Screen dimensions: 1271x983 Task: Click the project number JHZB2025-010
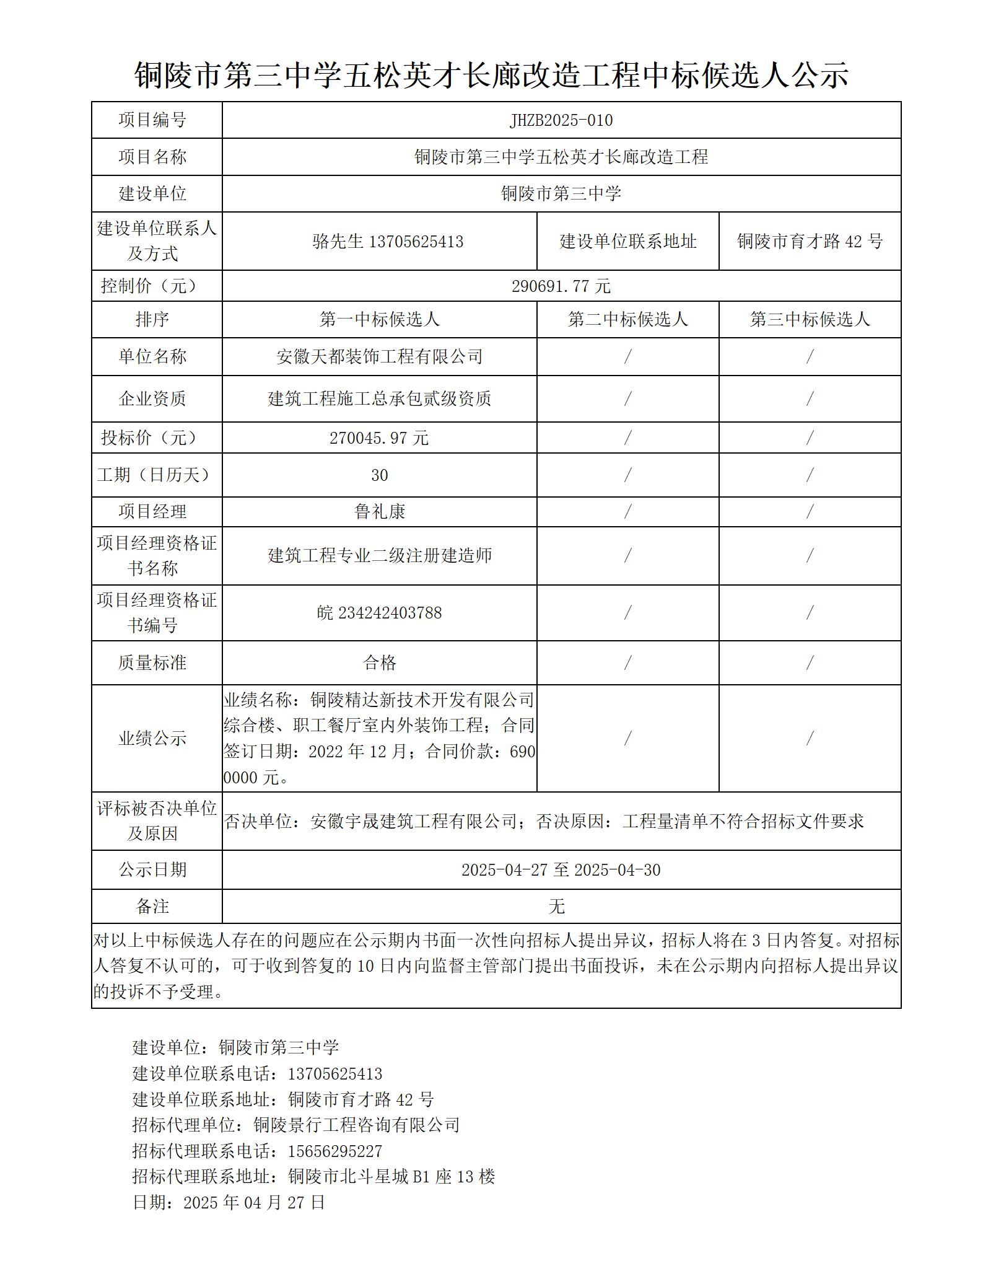[x=561, y=120]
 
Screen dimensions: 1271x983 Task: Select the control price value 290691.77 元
[x=561, y=286]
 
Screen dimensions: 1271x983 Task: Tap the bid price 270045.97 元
[x=379, y=438]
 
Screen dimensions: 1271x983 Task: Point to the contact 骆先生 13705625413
[x=388, y=241]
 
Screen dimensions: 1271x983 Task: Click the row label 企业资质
[x=152, y=398]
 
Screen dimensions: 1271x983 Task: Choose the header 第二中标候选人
[x=627, y=320]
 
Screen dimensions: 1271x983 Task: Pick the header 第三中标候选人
[x=810, y=320]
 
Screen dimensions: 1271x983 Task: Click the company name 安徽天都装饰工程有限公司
[x=379, y=357]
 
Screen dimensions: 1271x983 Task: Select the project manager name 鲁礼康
[x=379, y=512]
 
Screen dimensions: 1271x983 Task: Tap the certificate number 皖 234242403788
[x=379, y=613]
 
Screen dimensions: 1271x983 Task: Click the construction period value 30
[x=379, y=475]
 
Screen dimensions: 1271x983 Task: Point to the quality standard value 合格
[x=379, y=663]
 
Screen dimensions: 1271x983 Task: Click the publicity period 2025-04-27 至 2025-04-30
[x=561, y=870]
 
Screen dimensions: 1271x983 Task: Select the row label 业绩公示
[x=152, y=739]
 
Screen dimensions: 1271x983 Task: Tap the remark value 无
[x=556, y=907]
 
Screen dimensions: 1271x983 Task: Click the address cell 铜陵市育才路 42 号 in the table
[x=810, y=241]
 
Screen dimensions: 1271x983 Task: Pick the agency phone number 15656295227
[x=335, y=1151]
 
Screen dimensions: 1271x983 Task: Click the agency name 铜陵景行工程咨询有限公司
[x=357, y=1125]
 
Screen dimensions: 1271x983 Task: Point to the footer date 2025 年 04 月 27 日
[x=254, y=1203]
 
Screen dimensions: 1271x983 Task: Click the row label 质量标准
[x=152, y=663]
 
